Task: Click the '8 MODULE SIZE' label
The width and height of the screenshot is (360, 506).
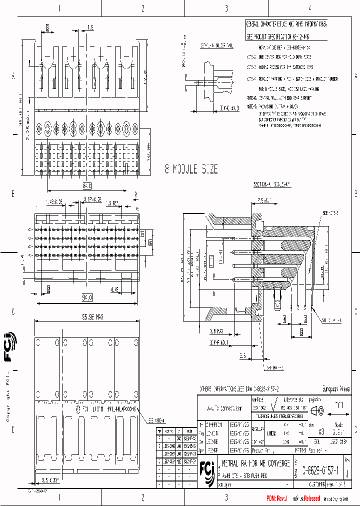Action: click(x=191, y=169)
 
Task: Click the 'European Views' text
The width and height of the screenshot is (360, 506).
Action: click(x=334, y=388)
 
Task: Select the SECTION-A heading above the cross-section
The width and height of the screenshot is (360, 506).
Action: click(x=271, y=184)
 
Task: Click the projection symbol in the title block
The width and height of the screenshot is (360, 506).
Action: click(x=317, y=410)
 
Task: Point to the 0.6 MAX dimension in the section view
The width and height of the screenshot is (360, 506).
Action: click(x=216, y=331)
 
